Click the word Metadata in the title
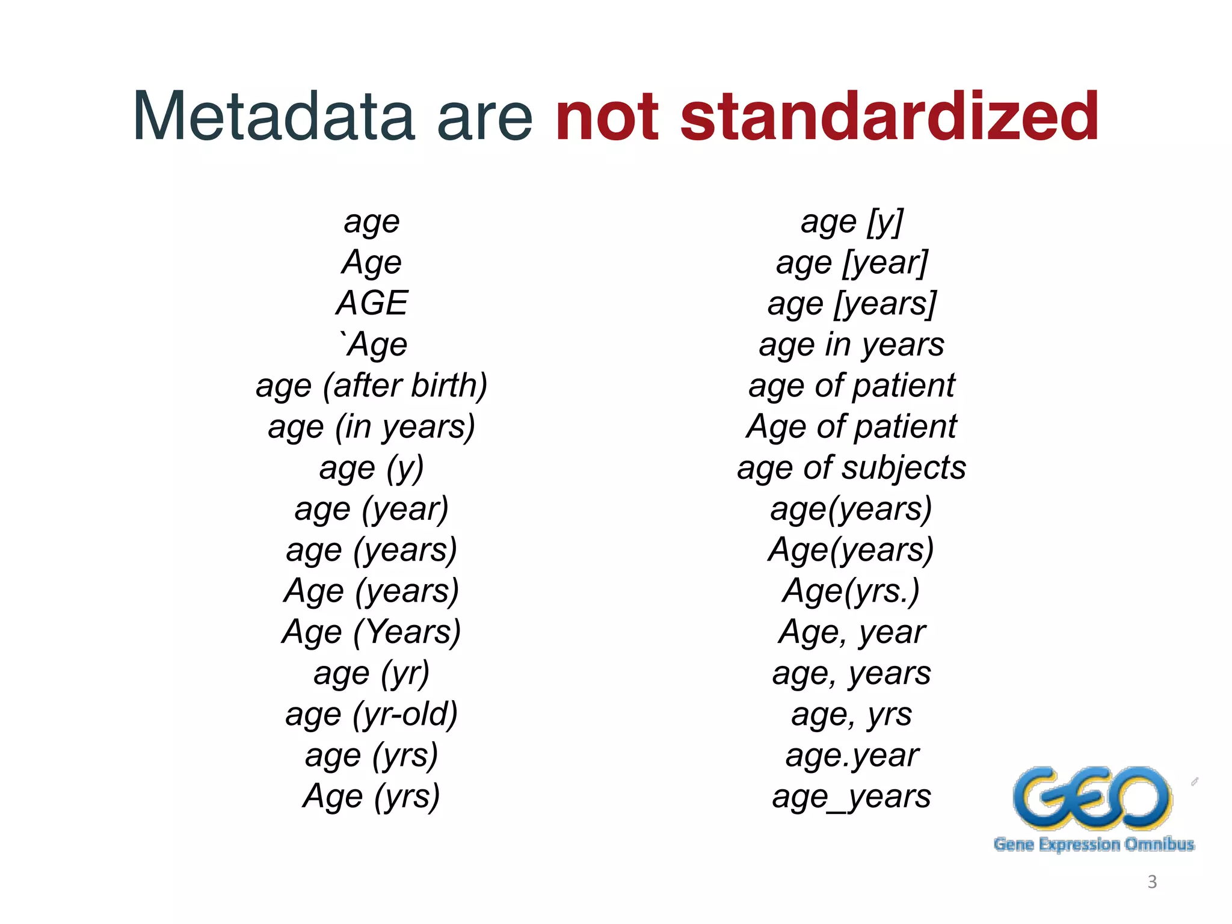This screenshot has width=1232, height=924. (274, 115)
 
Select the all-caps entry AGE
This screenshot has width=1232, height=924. (372, 303)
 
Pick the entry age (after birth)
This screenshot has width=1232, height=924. (372, 386)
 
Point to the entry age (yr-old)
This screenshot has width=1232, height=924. (372, 715)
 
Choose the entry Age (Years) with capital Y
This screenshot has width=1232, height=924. (372, 632)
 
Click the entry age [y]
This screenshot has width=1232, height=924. (852, 222)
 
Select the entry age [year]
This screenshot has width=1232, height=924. (852, 263)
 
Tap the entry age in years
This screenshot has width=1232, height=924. (852, 345)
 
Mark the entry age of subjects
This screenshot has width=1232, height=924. (852, 468)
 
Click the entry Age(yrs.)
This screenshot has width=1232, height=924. (852, 591)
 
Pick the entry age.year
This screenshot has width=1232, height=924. (852, 756)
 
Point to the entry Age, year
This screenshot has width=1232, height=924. (852, 632)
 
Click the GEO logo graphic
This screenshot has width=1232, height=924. (1092, 798)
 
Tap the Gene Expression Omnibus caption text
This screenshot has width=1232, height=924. (1094, 845)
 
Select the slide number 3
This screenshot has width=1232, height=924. (1152, 882)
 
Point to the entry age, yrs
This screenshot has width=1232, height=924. (852, 715)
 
